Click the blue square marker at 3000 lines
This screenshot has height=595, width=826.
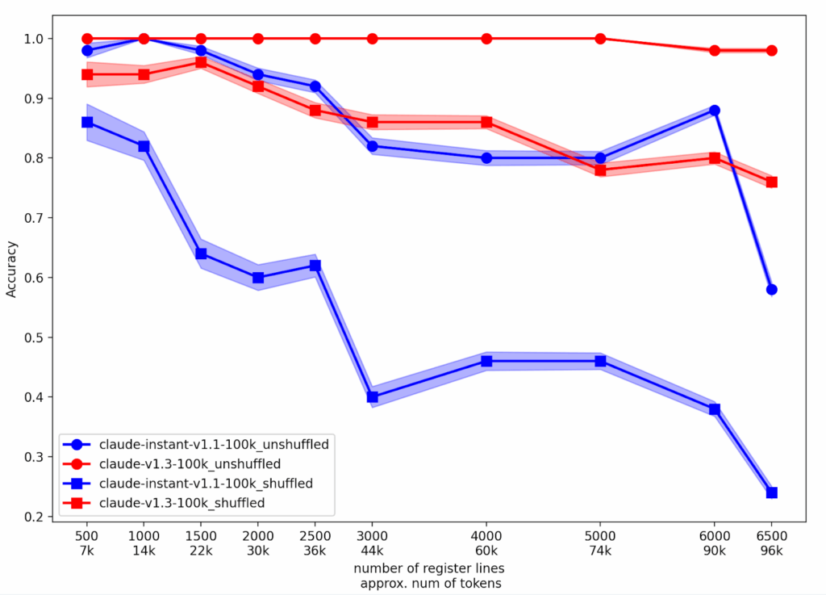(x=372, y=396)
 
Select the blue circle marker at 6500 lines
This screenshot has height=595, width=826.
(x=771, y=289)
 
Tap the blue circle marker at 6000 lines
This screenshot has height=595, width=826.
(x=714, y=110)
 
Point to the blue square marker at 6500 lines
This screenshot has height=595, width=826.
(x=771, y=492)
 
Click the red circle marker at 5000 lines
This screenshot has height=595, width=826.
(x=600, y=39)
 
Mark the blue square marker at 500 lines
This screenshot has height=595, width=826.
(x=87, y=122)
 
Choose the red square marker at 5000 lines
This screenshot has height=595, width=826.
(x=600, y=170)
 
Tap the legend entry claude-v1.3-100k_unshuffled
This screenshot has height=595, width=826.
(x=190, y=464)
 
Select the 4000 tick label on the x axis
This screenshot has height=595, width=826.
(x=486, y=536)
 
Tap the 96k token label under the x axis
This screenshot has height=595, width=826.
(x=771, y=551)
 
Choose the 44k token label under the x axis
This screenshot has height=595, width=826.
(x=372, y=551)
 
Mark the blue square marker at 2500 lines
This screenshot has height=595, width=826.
(x=315, y=266)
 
